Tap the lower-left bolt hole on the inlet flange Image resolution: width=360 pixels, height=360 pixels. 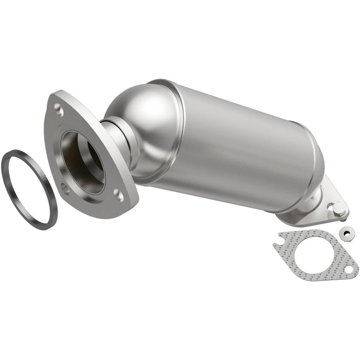[65, 188]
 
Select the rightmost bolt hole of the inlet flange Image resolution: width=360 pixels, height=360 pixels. [118, 195]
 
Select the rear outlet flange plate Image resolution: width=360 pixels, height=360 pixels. [309, 216]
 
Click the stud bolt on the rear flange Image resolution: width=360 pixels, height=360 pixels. [337, 209]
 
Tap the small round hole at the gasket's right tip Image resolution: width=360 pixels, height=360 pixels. [349, 269]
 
